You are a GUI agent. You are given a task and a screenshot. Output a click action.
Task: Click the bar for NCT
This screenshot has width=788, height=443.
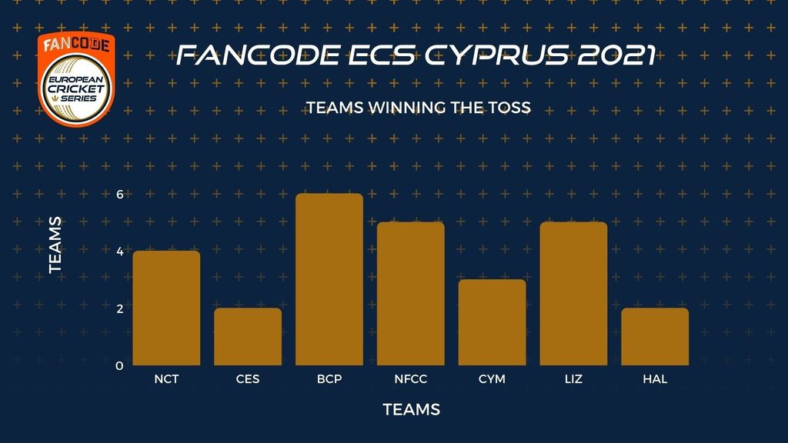point(166,308)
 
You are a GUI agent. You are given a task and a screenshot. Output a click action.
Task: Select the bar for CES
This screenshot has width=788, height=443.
point(248,337)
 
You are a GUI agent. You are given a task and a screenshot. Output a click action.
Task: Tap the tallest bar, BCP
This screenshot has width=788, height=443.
point(329,279)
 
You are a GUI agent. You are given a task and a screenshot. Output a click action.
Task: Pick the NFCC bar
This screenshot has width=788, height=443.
point(411,293)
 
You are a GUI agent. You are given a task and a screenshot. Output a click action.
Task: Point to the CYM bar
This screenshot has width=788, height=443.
point(492,322)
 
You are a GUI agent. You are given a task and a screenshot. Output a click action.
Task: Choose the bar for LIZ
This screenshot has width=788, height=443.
point(573,293)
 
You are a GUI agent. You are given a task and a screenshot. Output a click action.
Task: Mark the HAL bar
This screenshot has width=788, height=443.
point(655,337)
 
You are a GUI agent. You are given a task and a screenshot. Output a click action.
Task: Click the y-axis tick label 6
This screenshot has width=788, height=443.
point(119,195)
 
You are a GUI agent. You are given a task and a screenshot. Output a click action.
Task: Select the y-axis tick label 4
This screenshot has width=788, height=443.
point(119,251)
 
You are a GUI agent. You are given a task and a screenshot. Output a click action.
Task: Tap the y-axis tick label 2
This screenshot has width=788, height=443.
point(119,308)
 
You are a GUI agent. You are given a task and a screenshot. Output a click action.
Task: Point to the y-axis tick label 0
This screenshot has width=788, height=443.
point(119,365)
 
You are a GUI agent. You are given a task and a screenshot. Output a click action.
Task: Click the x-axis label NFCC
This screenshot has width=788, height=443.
point(411,379)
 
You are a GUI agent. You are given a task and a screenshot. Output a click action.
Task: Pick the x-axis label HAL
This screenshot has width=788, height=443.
point(655,379)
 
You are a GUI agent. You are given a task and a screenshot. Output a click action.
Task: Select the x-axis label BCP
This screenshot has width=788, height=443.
point(329,379)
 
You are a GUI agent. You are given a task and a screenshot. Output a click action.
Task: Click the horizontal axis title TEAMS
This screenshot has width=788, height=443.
point(412,410)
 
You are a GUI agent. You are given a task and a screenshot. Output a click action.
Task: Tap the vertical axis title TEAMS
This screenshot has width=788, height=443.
point(55,245)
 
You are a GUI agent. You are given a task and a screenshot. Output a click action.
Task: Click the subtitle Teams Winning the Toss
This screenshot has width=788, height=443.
point(418,108)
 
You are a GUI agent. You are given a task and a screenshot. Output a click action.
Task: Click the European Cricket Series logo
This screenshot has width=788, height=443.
point(76,79)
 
